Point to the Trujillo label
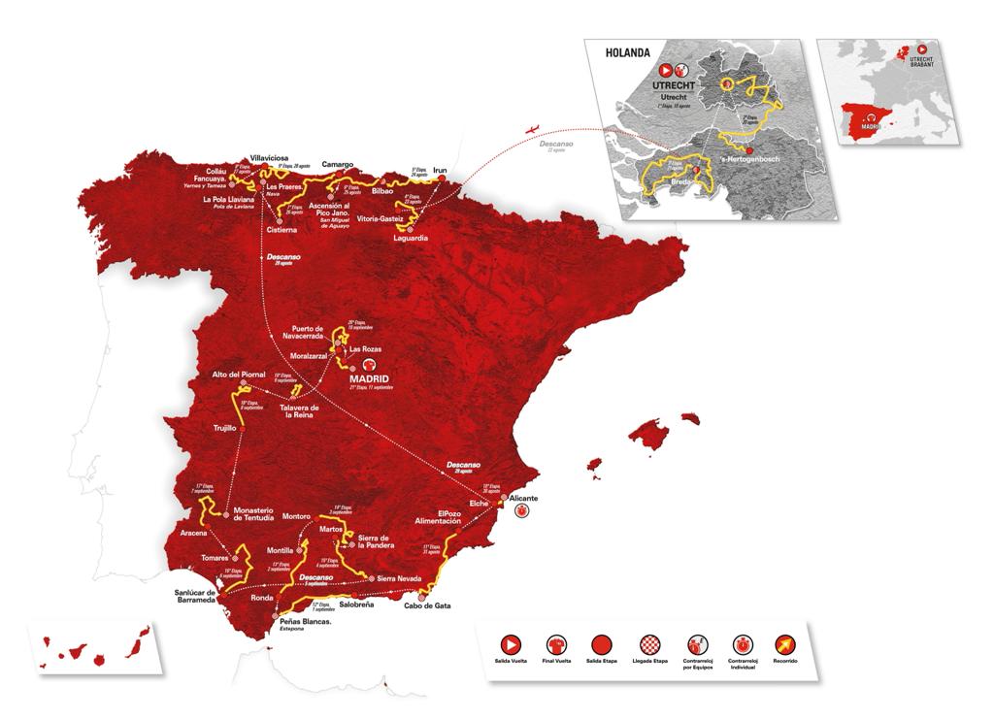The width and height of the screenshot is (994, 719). pos(224,426)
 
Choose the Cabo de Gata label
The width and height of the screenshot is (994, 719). pos(428,606)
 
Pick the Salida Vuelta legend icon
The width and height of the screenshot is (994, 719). pos(510,643)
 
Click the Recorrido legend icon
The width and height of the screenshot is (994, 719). pos(783,643)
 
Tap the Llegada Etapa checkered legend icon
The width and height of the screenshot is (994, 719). pos(647,643)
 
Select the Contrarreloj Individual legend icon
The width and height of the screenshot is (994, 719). pos(740,643)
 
